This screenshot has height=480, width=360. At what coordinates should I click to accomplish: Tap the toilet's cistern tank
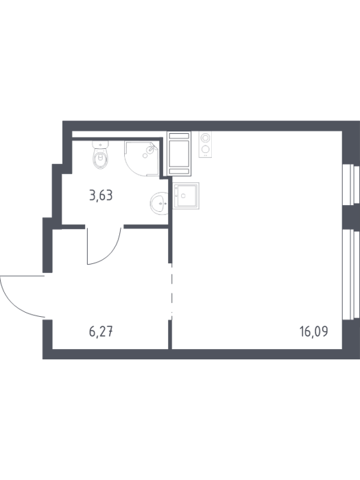coord(101,144)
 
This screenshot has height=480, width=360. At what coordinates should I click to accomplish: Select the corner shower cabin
coord(142,158)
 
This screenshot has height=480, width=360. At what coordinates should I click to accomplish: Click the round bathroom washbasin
coord(159,203)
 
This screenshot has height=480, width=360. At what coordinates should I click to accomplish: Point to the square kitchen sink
coord(186,195)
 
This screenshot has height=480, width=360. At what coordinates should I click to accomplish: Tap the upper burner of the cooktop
coord(205,138)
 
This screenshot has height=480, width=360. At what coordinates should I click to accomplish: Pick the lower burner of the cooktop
coord(205,149)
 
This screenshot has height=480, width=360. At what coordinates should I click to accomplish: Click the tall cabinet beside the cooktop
coord(179,154)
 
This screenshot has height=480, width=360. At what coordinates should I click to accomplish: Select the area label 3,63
coord(101,195)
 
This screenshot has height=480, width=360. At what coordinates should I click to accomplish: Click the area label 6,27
coord(101,331)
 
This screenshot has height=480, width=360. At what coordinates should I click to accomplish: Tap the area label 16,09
coord(314,331)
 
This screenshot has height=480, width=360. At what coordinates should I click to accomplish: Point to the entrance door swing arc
coord(17,302)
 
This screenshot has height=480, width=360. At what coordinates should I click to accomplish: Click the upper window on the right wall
coord(351,184)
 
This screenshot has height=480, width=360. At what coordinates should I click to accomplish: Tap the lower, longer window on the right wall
coord(351,274)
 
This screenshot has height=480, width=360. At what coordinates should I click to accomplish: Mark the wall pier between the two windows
coord(351,217)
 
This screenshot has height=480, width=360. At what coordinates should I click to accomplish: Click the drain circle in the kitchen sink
coord(183,195)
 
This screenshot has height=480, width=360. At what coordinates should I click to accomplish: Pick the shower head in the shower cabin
coord(150,149)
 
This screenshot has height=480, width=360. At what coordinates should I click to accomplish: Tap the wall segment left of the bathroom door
coord(73,227)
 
